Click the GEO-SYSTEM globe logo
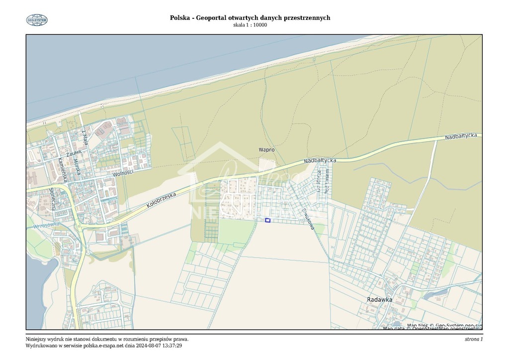(x=37, y=20)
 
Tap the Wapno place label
(x=266, y=150)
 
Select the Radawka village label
(x=379, y=299)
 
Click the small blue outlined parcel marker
(x=267, y=220)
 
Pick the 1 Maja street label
(x=85, y=137)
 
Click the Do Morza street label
(x=318, y=182)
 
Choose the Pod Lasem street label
(x=327, y=184)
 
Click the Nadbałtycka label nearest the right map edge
(x=461, y=136)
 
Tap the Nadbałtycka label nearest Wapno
(x=320, y=161)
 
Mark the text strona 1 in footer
(x=473, y=339)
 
